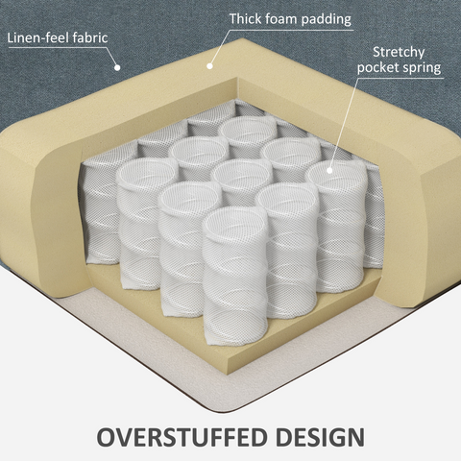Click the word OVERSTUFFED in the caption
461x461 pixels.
182,437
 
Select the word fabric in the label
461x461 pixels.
90,37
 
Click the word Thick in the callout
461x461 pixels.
246,19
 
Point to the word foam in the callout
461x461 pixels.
281,19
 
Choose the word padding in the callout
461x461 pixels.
327,20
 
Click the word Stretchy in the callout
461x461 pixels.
399,53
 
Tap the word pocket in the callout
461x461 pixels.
376,68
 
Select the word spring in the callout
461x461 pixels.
420,68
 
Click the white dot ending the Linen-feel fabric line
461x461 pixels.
117,67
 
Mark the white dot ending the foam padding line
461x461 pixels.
209,66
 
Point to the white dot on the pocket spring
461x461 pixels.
329,171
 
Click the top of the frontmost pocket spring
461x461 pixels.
234,222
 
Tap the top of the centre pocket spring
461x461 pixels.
242,173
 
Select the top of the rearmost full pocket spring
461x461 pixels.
248,129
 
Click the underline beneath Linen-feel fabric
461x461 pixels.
57,48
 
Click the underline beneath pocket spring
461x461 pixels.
400,78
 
